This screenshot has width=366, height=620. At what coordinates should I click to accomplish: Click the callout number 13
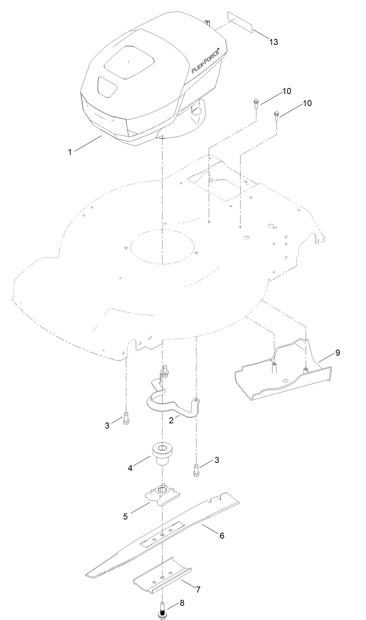[x=274, y=42]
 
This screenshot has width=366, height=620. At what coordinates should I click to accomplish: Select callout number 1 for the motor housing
[x=69, y=152]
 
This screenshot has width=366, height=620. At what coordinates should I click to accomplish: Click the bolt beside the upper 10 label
[x=256, y=103]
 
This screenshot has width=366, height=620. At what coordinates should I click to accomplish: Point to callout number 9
[x=337, y=353]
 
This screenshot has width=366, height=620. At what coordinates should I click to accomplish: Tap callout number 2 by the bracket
[x=171, y=420]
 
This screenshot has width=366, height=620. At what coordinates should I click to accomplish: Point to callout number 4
[x=130, y=468]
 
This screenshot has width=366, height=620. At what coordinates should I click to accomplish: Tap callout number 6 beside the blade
[x=222, y=535]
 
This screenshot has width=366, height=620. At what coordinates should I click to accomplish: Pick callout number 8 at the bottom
[x=182, y=603]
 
